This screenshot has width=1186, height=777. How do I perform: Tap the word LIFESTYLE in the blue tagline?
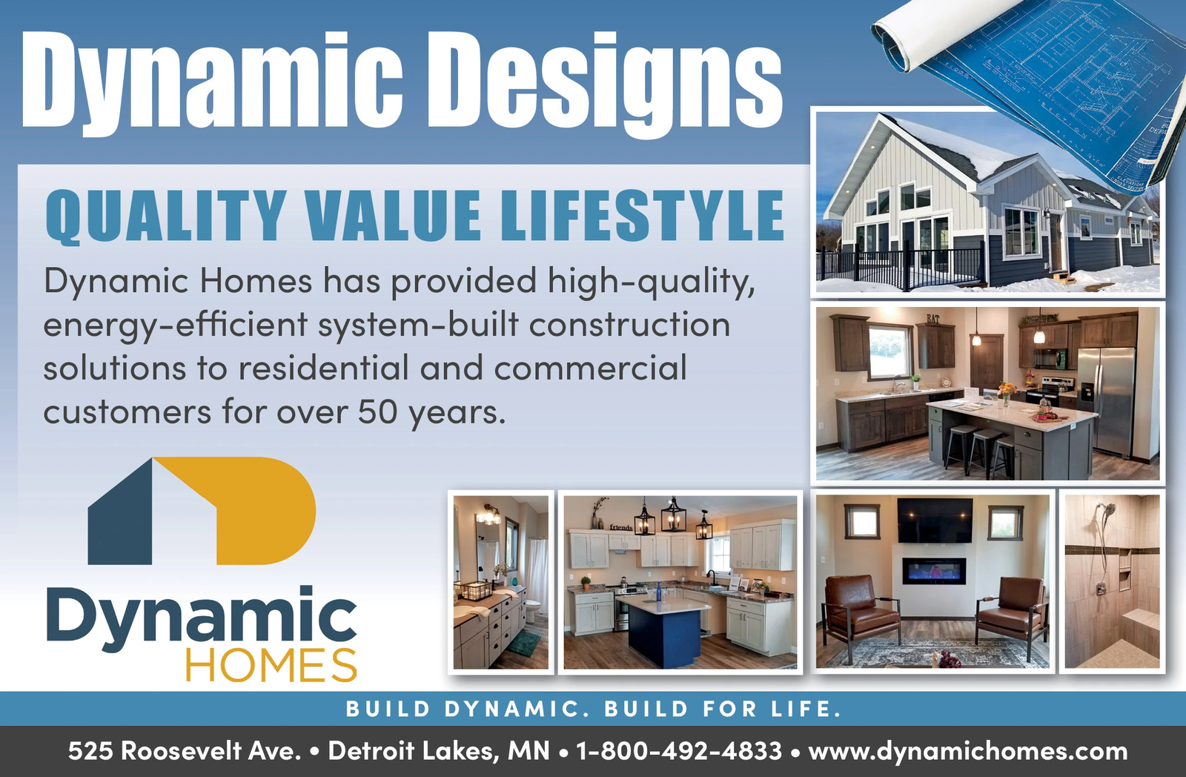(x=642, y=216)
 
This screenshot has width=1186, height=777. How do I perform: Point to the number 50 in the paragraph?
(x=377, y=411)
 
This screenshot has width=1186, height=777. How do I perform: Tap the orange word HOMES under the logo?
(x=271, y=665)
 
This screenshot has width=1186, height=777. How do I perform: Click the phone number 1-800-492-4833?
(x=679, y=751)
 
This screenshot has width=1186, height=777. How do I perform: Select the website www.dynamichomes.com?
(x=967, y=752)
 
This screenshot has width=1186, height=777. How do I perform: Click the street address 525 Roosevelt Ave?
(x=185, y=751)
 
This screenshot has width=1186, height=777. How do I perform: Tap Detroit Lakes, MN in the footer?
(x=439, y=752)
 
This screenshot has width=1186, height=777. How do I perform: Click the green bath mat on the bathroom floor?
(x=523, y=644)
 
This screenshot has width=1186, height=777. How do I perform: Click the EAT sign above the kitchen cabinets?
(x=933, y=318)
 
